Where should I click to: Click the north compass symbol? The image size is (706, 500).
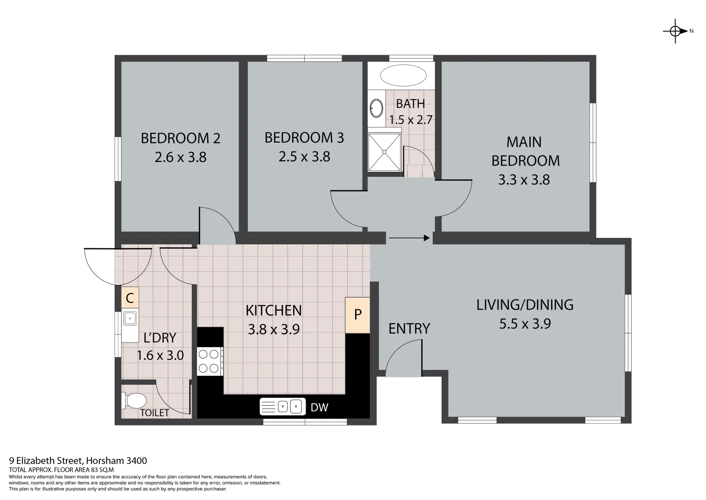675,31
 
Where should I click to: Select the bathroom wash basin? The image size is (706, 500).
376,108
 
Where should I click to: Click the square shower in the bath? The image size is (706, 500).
384,152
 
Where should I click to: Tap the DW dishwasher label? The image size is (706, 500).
319,407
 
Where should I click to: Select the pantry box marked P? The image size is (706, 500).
357,315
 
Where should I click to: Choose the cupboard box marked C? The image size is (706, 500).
130,298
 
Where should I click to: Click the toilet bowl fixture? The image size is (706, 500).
135,400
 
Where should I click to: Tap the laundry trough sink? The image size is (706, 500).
130,319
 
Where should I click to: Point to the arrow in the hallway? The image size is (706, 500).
409,238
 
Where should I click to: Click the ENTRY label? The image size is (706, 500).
409,328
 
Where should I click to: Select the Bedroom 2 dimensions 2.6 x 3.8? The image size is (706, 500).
180,157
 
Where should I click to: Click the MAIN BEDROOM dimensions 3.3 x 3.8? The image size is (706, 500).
524,180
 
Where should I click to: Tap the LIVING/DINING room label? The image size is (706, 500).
525,305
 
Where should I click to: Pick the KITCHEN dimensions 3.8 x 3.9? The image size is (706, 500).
274,329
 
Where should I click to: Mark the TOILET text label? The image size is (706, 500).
154,413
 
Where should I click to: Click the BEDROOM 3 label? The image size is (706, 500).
304,137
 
